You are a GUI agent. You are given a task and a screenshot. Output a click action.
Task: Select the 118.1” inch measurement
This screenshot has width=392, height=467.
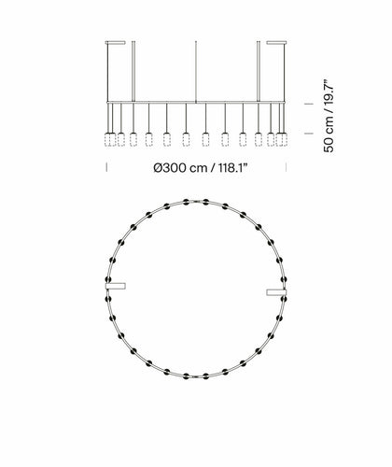point(232,168)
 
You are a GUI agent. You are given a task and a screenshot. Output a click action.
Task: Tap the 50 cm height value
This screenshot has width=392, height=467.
point(329,135)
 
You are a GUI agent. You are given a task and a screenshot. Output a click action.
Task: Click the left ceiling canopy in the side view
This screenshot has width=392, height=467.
point(116,43)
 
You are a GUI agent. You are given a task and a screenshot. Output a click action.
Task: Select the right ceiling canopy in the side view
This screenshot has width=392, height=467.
point(276,43)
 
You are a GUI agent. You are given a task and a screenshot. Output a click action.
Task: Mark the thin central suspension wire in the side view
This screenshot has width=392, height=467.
point(196,72)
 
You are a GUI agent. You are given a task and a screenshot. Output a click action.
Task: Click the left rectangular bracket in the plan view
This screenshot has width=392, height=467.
point(116,286)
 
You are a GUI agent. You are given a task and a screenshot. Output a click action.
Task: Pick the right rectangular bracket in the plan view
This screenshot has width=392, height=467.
point(276,292)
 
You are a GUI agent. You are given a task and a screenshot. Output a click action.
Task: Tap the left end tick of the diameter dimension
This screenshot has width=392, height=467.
point(106,167)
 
